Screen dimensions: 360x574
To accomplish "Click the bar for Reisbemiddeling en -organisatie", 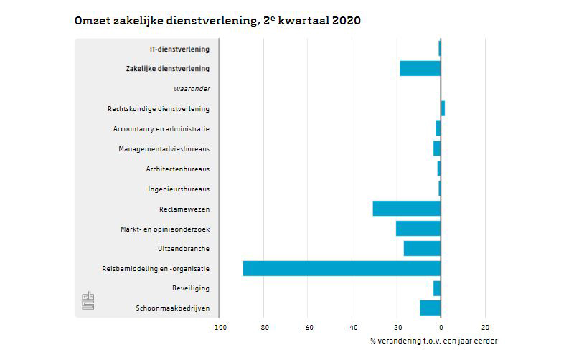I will pyautogui.click(x=342, y=268).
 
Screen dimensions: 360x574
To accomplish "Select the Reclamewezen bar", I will pyautogui.click(x=406, y=209).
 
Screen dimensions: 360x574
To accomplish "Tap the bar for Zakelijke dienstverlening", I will pyautogui.click(x=420, y=69).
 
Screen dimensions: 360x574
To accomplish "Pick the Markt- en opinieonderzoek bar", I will pyautogui.click(x=418, y=229).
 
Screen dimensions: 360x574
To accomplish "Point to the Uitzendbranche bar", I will pyautogui.click(x=422, y=248).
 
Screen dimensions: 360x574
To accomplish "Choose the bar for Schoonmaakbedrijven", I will pyautogui.click(x=430, y=308).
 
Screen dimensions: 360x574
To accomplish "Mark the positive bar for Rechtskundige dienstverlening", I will pyautogui.click(x=443, y=108).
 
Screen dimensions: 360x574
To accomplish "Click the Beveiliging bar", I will pyautogui.click(x=437, y=288).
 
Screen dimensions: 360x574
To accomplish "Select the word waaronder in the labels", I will pyautogui.click(x=192, y=89).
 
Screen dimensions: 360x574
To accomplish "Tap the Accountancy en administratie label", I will pyautogui.click(x=161, y=129).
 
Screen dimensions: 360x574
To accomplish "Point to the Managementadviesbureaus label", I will pyautogui.click(x=164, y=149).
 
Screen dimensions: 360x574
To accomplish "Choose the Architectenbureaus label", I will pyautogui.click(x=178, y=169).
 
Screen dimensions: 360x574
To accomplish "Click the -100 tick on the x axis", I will pyautogui.click(x=219, y=328).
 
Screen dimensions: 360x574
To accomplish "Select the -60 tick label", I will pyautogui.click(x=307, y=328).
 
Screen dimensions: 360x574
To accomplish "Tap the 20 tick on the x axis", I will pyautogui.click(x=485, y=328).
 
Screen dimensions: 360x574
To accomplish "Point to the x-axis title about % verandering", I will pyautogui.click(x=433, y=341).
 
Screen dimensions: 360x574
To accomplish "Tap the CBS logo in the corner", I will pyautogui.click(x=88, y=301).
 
